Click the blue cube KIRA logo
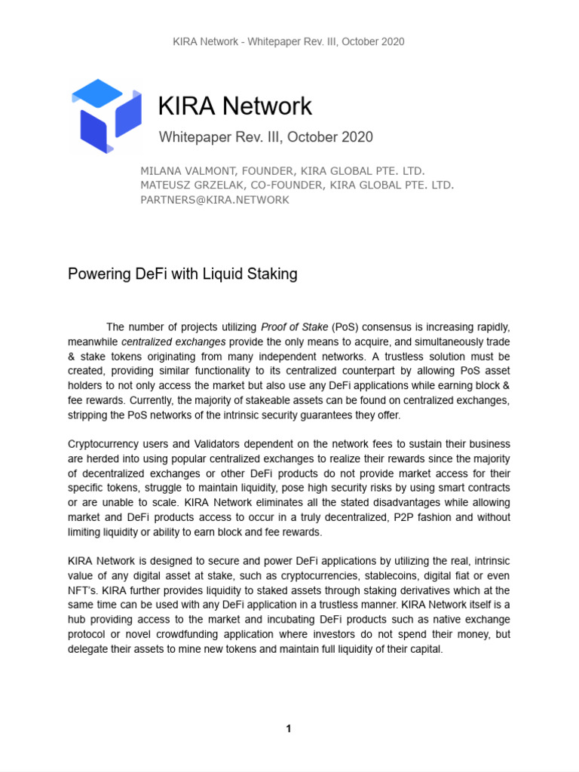(106, 116)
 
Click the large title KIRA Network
(234, 106)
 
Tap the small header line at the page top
(289, 41)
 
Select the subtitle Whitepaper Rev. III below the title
(265, 137)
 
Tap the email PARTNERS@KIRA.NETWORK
(215, 200)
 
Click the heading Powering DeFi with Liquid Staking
(182, 274)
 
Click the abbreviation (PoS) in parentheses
(348, 327)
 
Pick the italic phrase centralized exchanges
(185, 342)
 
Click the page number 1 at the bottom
(289, 728)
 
